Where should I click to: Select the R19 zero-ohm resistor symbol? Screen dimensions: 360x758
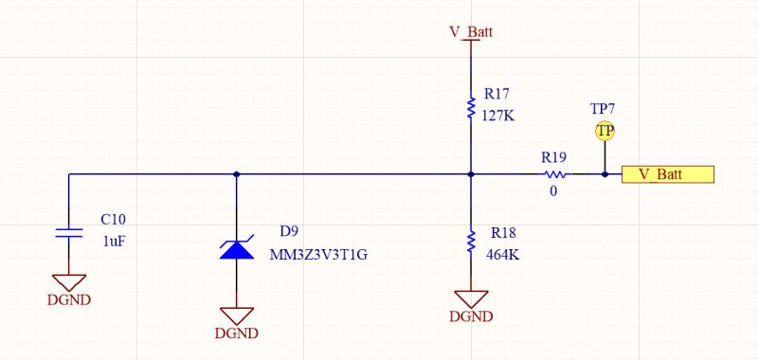(x=555, y=174)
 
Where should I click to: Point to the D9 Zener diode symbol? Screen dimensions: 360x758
(x=236, y=249)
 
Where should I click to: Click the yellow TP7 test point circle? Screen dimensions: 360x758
(x=604, y=131)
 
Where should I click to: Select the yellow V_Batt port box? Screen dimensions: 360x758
(x=667, y=174)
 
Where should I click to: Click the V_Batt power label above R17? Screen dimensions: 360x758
(x=470, y=31)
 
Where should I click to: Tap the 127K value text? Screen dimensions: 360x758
(x=498, y=116)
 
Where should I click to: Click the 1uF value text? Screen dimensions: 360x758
(x=113, y=241)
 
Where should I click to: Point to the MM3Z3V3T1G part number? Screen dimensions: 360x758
(x=318, y=255)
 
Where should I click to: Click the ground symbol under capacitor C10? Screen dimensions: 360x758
(x=69, y=283)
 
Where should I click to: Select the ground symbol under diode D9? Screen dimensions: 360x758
(x=236, y=316)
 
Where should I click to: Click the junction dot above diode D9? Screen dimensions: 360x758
(x=236, y=174)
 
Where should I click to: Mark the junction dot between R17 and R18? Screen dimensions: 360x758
(x=471, y=174)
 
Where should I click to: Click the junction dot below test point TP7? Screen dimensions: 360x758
(x=604, y=174)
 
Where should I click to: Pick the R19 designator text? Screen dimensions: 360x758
(x=553, y=156)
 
